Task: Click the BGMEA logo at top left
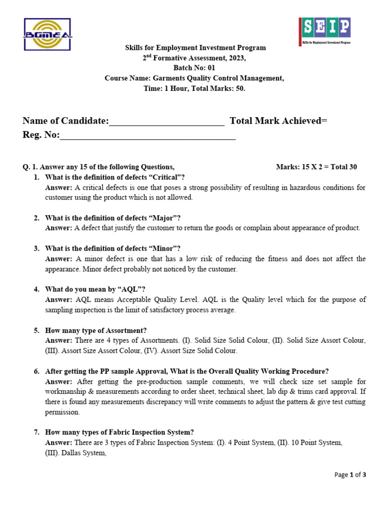click(47, 34)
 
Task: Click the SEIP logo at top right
click(324, 31)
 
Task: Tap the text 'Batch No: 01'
click(195, 68)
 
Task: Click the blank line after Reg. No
click(147, 135)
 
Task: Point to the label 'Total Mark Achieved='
click(278, 121)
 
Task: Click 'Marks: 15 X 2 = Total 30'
click(316, 167)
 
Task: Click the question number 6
click(36, 371)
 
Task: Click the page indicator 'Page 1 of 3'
click(350, 475)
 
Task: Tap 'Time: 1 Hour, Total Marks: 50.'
click(195, 88)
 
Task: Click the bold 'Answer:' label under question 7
click(58, 443)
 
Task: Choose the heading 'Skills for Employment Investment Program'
click(195, 48)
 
